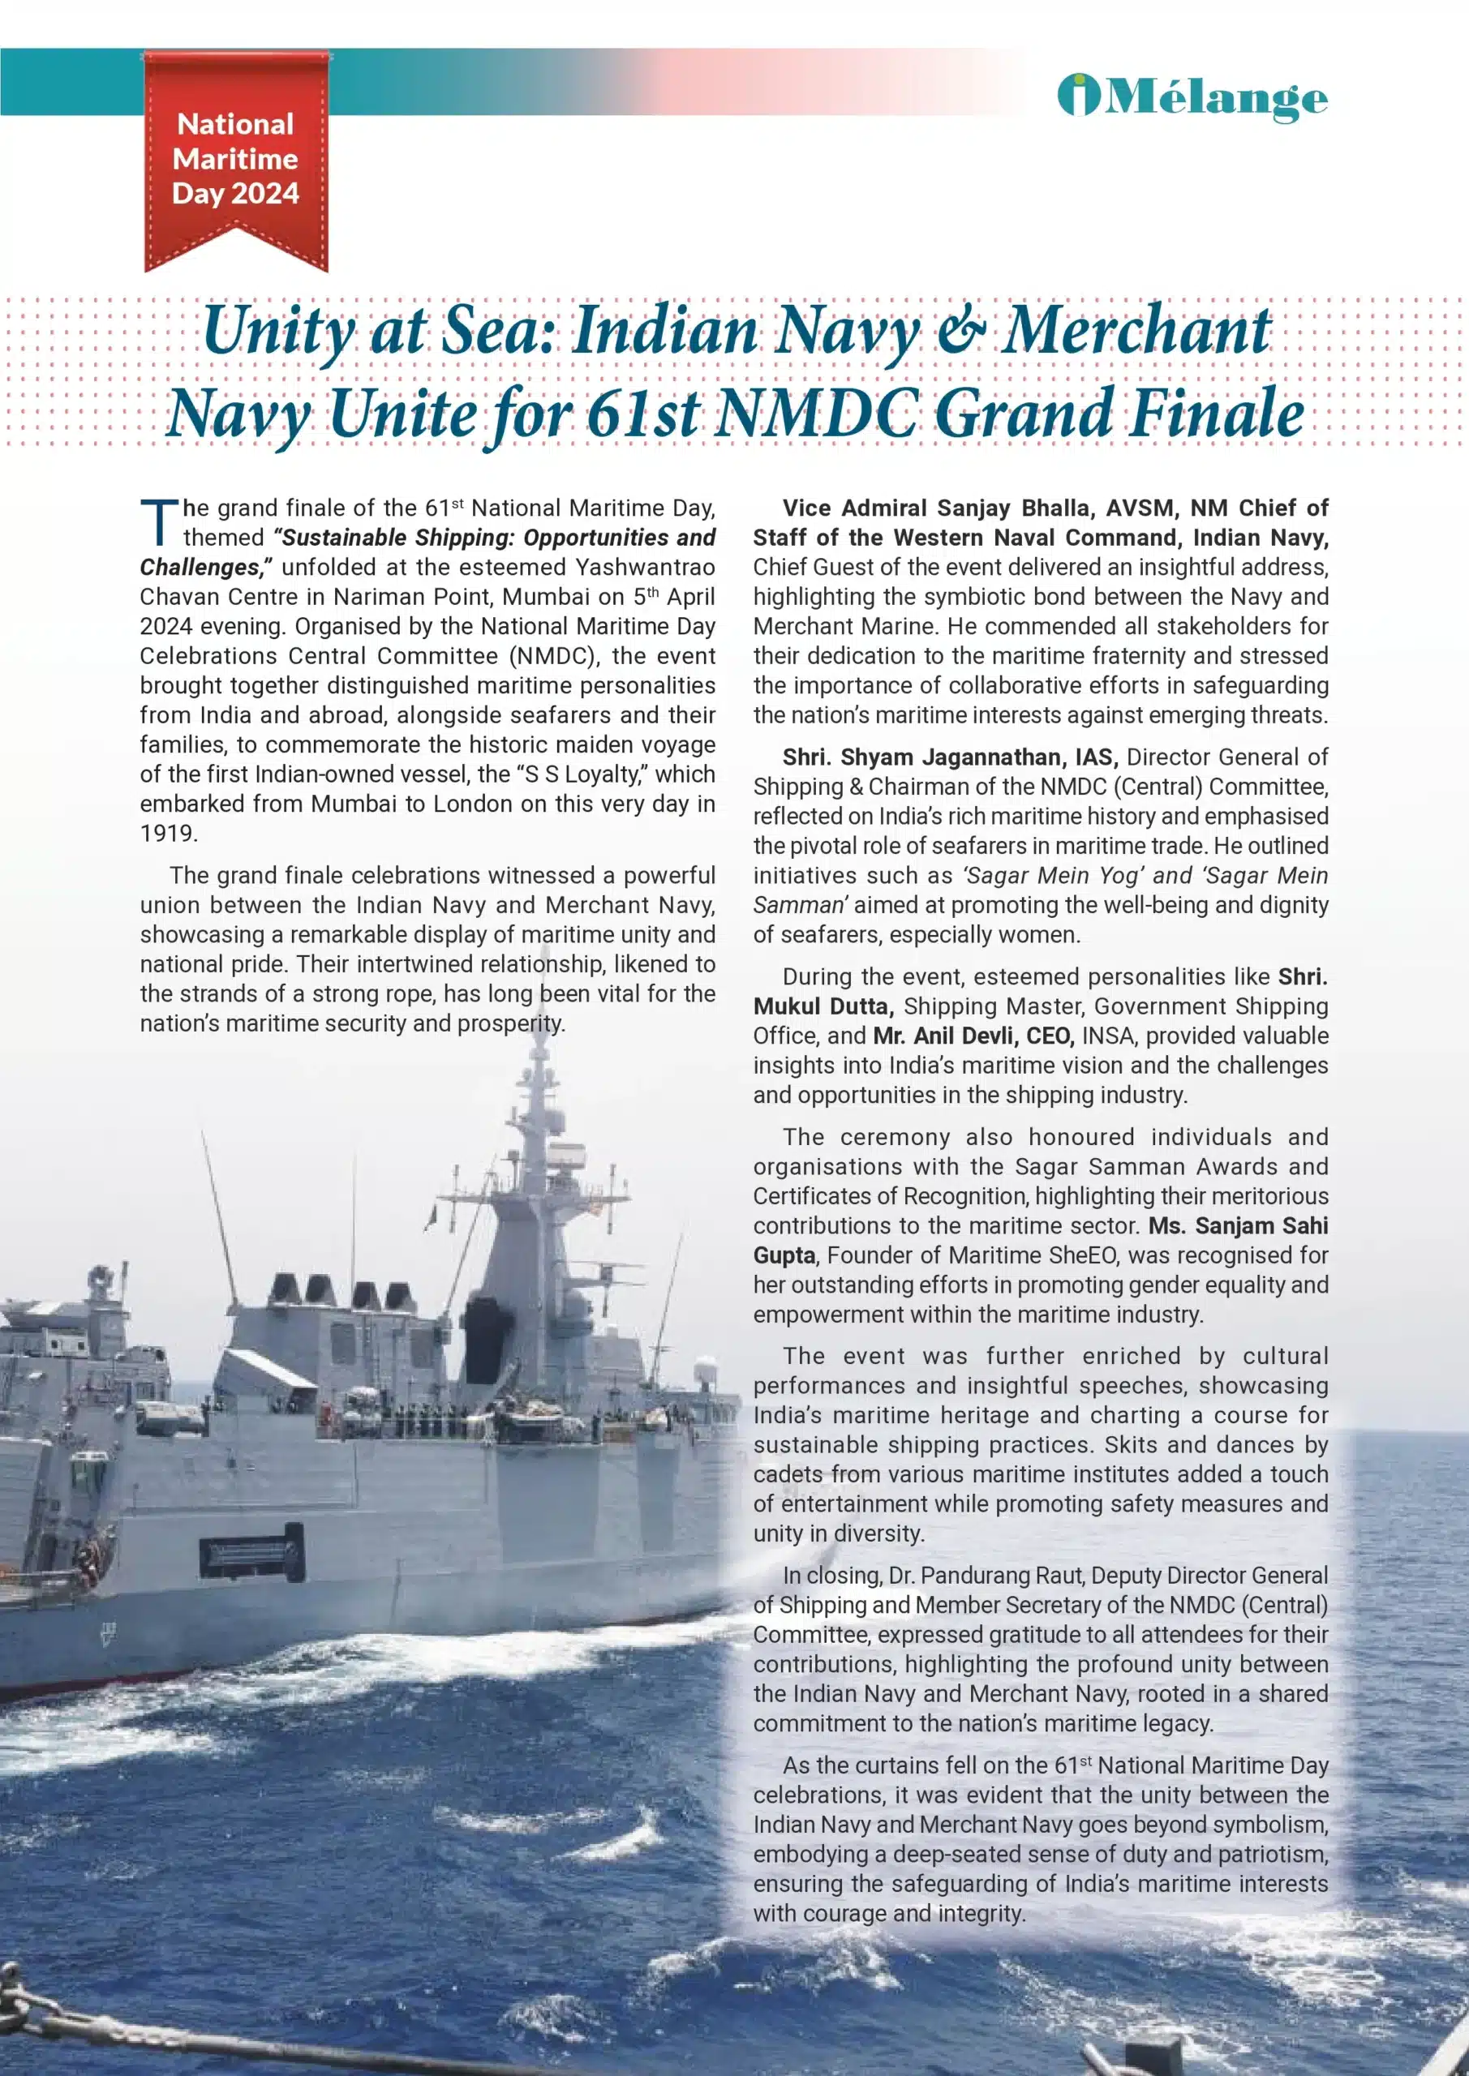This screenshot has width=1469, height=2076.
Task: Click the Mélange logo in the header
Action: [x=1192, y=97]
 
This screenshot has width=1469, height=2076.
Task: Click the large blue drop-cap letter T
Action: [x=159, y=524]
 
